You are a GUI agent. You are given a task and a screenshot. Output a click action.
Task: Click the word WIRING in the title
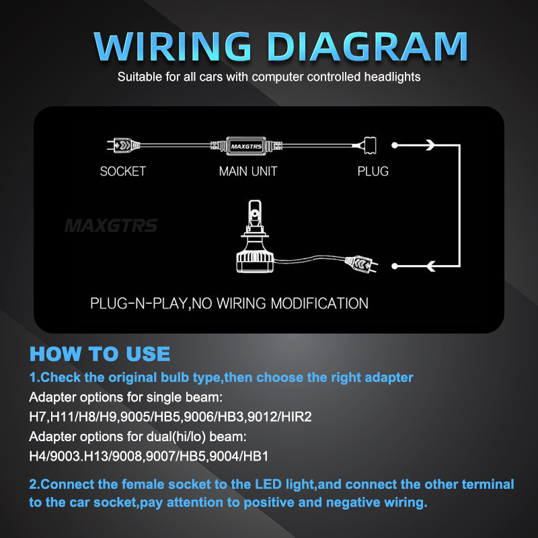[x=176, y=46]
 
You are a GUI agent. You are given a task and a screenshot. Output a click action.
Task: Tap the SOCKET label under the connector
[x=122, y=171]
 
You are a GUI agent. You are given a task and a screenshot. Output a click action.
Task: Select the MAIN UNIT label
[x=248, y=171]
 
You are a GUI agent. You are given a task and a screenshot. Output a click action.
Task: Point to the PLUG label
[x=373, y=171]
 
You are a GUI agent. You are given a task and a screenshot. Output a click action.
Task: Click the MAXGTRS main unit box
[x=247, y=145]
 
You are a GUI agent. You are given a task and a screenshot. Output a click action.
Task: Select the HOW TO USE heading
[x=100, y=354]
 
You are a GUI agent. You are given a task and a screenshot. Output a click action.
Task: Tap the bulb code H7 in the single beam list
[x=38, y=418]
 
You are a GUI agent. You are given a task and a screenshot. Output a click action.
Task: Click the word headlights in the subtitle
[x=390, y=77]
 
